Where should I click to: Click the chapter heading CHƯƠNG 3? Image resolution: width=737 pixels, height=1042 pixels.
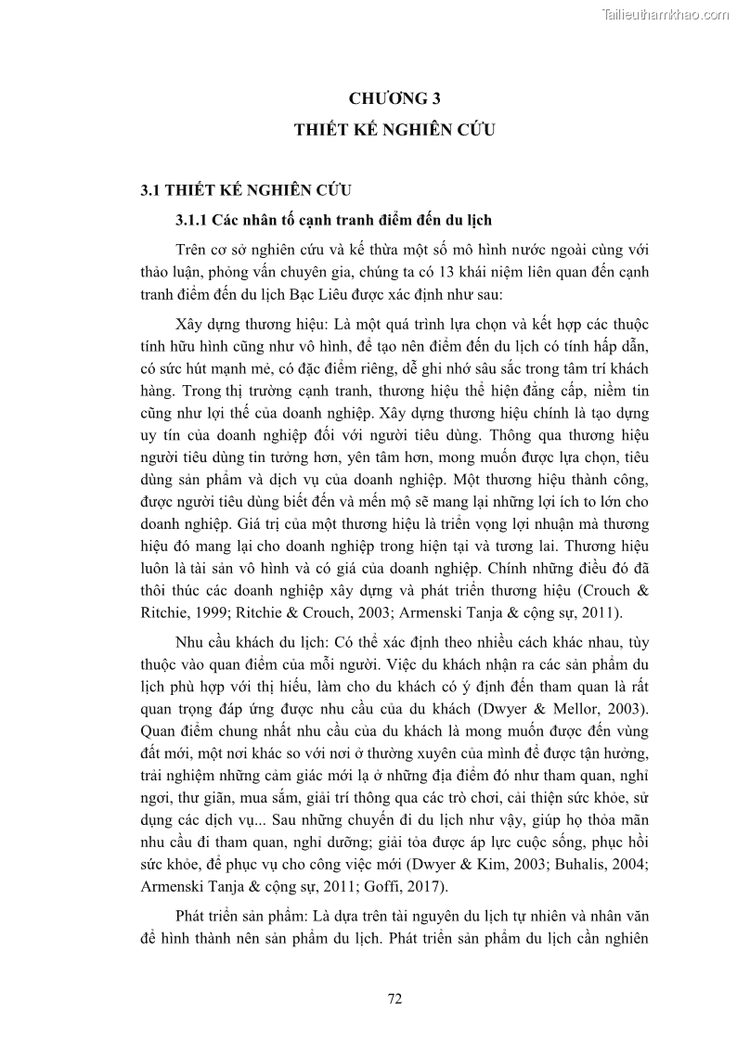coord(394,98)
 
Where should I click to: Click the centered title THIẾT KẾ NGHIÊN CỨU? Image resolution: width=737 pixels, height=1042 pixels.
coord(394,131)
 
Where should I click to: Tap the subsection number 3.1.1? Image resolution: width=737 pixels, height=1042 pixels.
coord(192,220)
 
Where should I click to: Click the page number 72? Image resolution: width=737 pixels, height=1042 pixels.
coord(394,998)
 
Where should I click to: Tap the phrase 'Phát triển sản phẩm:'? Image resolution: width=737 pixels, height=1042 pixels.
coord(236,915)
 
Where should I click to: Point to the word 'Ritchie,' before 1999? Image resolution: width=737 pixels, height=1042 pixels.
coord(163,611)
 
